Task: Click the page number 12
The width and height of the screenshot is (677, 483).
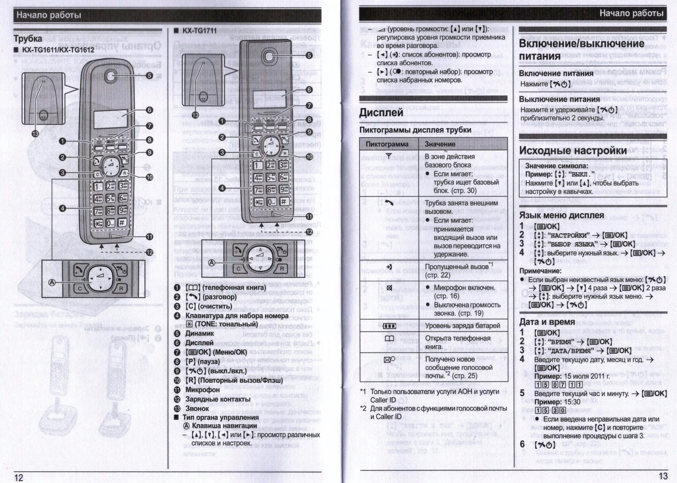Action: [19, 477]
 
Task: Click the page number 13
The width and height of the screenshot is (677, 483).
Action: [663, 476]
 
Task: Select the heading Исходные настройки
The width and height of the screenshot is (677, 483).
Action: [573, 150]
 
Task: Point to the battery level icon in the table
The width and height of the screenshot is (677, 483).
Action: [389, 326]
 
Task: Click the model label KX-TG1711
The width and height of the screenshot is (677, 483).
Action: [200, 31]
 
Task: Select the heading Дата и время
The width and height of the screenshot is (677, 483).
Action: [547, 322]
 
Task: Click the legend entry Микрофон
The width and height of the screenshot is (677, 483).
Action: [202, 390]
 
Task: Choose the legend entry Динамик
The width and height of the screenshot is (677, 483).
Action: [200, 334]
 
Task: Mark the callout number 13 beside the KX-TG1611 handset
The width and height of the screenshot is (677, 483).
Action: [35, 134]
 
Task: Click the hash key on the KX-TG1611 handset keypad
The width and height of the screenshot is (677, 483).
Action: [122, 222]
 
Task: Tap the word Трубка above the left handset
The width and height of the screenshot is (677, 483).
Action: [28, 39]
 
